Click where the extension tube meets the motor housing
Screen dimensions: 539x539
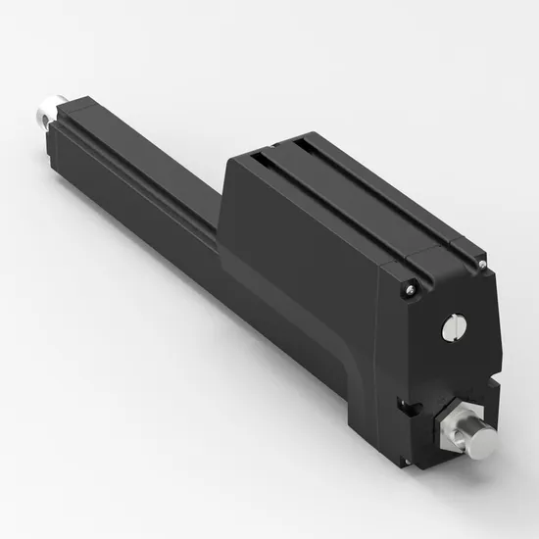tap(223, 235)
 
